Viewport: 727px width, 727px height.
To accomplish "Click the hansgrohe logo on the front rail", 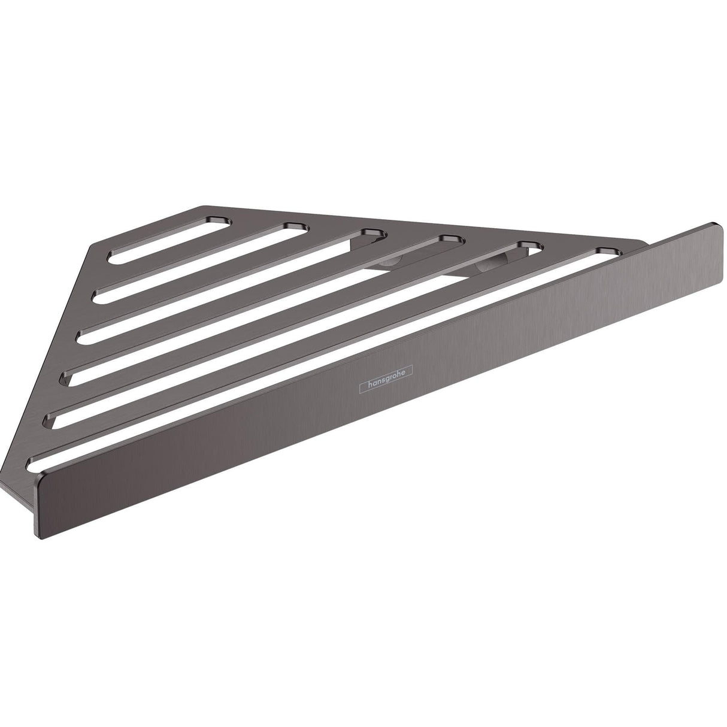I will click(382, 382).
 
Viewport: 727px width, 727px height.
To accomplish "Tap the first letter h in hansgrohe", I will click(362, 389).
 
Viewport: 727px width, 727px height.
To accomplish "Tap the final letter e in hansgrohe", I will click(404, 374).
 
